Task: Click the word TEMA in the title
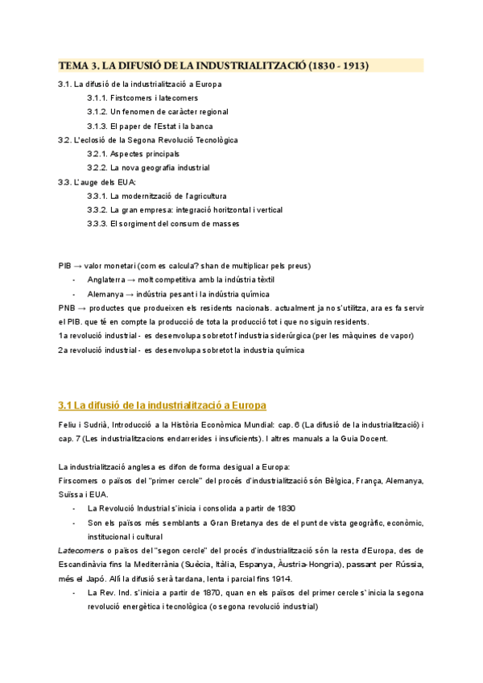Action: (x=72, y=66)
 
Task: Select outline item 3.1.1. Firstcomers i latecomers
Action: (x=142, y=97)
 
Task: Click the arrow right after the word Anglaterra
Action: (x=130, y=279)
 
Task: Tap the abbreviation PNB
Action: (x=67, y=308)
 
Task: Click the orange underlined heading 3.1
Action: (x=162, y=404)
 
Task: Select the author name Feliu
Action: (x=68, y=424)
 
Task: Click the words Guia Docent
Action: (x=365, y=438)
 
